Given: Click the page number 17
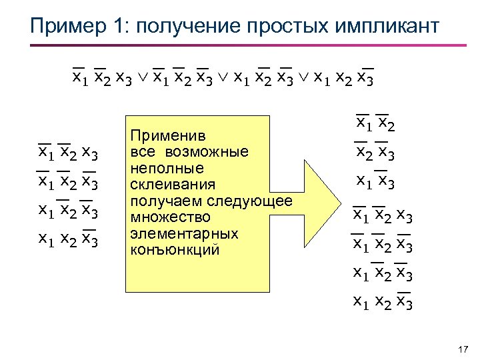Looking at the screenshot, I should (x=465, y=349).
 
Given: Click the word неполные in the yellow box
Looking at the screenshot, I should (x=158, y=168).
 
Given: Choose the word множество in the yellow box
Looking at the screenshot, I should (x=161, y=217).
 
